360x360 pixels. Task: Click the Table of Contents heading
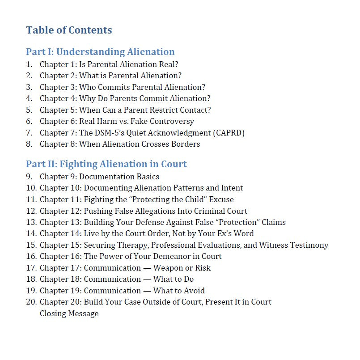[x=69, y=30]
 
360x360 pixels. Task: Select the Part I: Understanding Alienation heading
[x=100, y=51]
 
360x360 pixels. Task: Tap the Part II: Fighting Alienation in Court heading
[x=106, y=164]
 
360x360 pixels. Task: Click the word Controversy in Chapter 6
[x=174, y=121]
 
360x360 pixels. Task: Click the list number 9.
[x=29, y=177]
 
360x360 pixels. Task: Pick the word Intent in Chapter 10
[x=232, y=188]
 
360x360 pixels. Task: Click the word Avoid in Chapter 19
[x=194, y=291]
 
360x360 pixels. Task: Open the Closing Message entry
[x=69, y=313]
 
